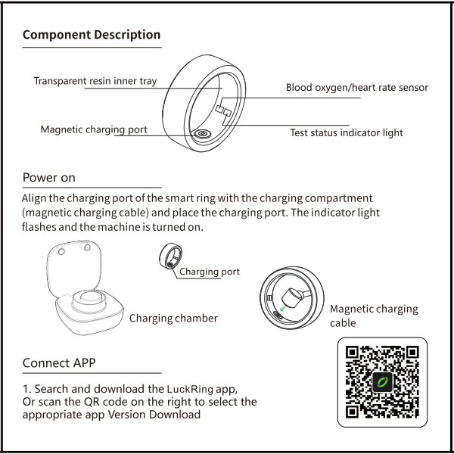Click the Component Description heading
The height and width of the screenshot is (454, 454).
tap(92, 35)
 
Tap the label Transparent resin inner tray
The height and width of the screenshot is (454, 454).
tap(95, 81)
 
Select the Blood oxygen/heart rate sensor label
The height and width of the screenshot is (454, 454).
tap(356, 87)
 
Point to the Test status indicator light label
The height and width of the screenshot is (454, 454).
tap(347, 132)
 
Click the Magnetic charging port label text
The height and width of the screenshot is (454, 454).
tap(94, 129)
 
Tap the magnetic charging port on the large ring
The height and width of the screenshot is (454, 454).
tap(202, 134)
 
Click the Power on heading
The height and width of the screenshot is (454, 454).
tap(49, 178)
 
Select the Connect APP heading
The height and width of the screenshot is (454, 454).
tap(59, 362)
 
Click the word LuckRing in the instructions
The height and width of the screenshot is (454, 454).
tap(190, 389)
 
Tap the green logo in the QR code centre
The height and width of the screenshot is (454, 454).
tap(382, 382)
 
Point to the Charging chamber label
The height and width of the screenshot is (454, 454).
tap(173, 319)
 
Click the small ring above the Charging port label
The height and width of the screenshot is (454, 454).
tap(171, 257)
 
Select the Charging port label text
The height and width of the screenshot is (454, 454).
tap(210, 272)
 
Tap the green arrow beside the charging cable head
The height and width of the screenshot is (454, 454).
tap(282, 309)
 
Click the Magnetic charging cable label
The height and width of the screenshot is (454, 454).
tap(374, 316)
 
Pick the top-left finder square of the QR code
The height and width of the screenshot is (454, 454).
tap(352, 353)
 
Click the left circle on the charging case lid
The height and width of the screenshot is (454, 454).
tap(61, 251)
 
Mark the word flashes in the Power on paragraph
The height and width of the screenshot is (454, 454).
tap(39, 227)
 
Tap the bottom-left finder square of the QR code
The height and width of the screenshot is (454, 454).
tap(352, 412)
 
